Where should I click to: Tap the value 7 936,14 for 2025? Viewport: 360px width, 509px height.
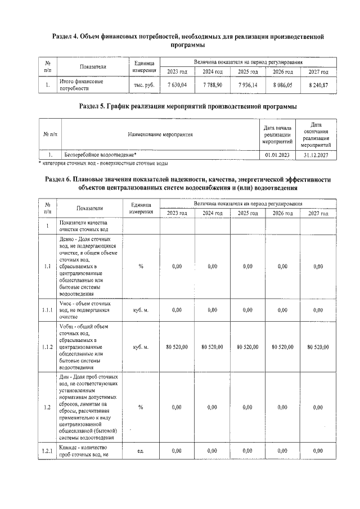click(x=247, y=85)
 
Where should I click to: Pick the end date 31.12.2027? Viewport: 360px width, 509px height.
click(x=316, y=154)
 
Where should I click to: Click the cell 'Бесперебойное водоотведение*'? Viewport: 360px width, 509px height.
click(x=100, y=154)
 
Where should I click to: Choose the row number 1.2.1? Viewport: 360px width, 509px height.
click(x=48, y=451)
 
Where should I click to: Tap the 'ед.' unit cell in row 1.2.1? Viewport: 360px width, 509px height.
click(x=141, y=451)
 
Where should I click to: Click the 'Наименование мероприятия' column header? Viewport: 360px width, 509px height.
click(x=160, y=134)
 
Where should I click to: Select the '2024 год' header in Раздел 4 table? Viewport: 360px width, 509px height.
click(x=212, y=71)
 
